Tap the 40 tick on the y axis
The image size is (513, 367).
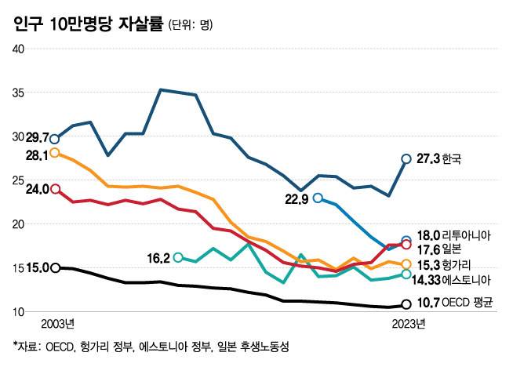point(20,49)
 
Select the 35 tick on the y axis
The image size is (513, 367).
point(20,93)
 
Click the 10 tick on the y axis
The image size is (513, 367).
point(20,312)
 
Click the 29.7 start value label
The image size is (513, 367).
point(37,137)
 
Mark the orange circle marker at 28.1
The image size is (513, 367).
point(54,153)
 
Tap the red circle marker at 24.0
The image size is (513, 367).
point(55,189)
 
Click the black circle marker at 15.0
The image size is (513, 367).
point(55,268)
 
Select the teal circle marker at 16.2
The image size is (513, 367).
point(178,257)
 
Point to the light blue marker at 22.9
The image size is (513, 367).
point(318,198)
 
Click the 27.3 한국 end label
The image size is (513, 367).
point(438,158)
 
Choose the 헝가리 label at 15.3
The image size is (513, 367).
point(460,264)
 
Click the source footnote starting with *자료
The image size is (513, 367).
point(151,346)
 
